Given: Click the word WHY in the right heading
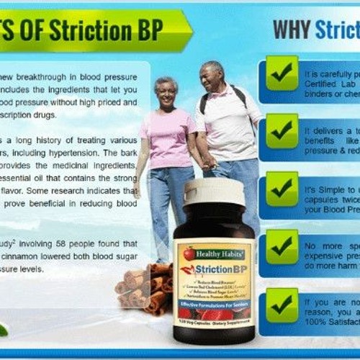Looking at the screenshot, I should (x=291, y=30).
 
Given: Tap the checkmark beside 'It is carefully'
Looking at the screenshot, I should (x=282, y=73).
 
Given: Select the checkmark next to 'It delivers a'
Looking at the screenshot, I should (x=282, y=130).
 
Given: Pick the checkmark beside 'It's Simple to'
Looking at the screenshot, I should (x=282, y=189).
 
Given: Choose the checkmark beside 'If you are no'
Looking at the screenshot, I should (x=282, y=305).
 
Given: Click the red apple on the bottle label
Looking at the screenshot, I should (x=189, y=254).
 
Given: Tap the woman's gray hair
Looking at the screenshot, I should (x=165, y=84).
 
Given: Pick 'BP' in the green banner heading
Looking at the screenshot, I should (x=151, y=30).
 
